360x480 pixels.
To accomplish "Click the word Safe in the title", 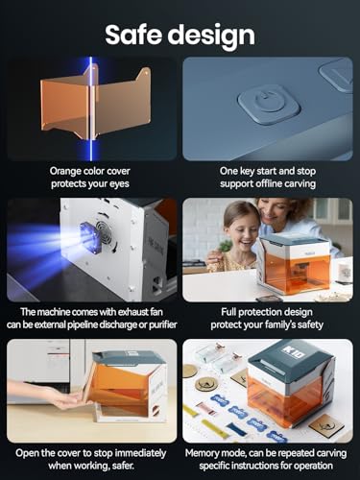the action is pos(134,35).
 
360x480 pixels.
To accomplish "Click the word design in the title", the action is pos(212,36).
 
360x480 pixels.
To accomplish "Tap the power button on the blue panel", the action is pos(269,104).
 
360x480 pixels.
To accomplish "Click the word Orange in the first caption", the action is pos(64,171).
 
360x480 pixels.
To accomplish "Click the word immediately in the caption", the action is pos(140,453).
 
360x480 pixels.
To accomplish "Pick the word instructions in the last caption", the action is pos(252,466).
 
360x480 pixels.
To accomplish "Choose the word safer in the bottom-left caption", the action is pos(123,466).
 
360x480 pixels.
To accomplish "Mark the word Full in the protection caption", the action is pos(228,312).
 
